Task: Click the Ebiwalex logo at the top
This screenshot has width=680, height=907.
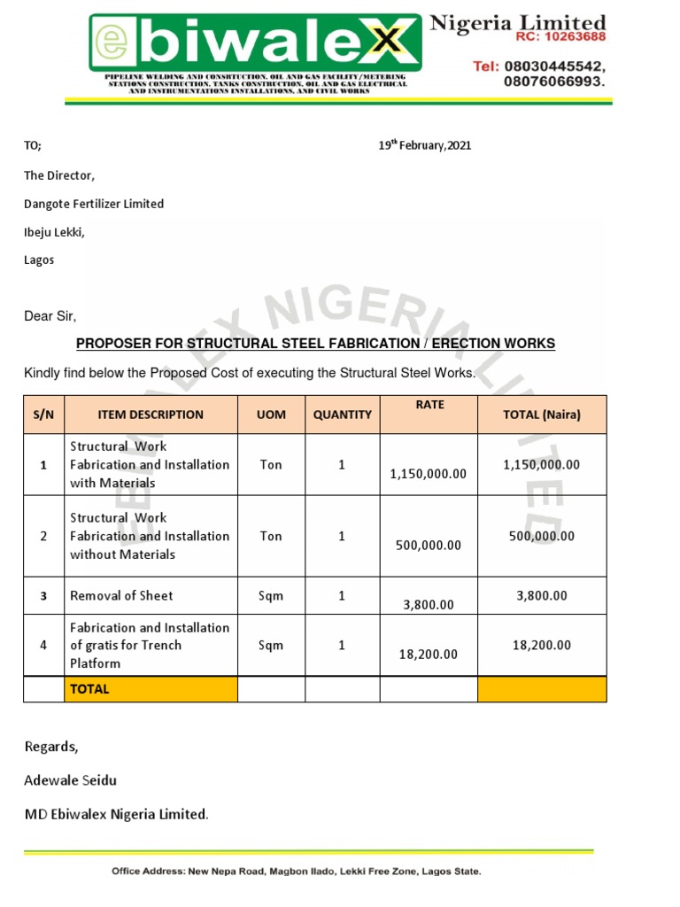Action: click(x=255, y=43)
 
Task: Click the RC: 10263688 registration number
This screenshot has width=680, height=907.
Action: click(x=560, y=38)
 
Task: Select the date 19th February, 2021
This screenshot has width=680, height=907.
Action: click(x=425, y=146)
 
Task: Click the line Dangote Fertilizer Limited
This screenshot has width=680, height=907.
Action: click(x=94, y=204)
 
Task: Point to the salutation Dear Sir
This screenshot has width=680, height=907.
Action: click(x=50, y=316)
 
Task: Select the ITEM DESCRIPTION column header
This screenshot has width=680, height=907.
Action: click(x=151, y=415)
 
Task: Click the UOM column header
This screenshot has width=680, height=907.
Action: click(x=271, y=415)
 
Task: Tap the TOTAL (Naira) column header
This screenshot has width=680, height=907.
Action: click(x=542, y=415)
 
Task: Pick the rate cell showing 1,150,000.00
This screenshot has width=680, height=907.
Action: click(x=428, y=474)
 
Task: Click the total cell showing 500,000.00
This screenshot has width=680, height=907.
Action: click(x=542, y=536)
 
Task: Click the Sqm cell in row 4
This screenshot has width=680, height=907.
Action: click(x=271, y=645)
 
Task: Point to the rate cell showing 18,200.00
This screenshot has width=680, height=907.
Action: click(x=428, y=654)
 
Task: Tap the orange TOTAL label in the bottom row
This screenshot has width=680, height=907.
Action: click(x=151, y=689)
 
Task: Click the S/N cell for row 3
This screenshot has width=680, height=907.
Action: click(x=43, y=596)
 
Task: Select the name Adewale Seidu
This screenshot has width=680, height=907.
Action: click(x=70, y=780)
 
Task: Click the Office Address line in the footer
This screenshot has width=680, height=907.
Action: click(x=296, y=872)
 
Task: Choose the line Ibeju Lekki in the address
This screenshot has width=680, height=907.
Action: click(x=54, y=232)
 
